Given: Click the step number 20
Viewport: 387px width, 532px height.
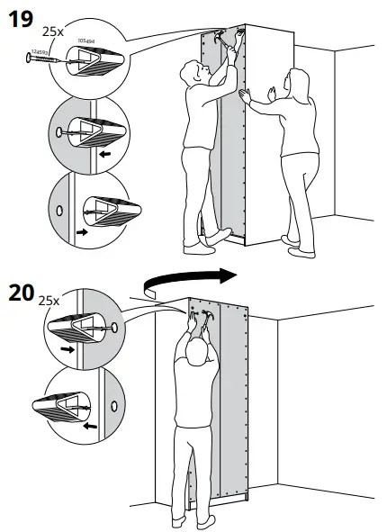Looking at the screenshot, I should [22, 293].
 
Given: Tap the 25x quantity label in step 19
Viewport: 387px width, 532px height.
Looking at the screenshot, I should [52, 30].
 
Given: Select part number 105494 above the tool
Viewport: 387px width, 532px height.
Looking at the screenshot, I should [86, 41].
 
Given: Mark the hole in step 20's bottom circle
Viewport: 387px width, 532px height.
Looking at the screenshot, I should [114, 406].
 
